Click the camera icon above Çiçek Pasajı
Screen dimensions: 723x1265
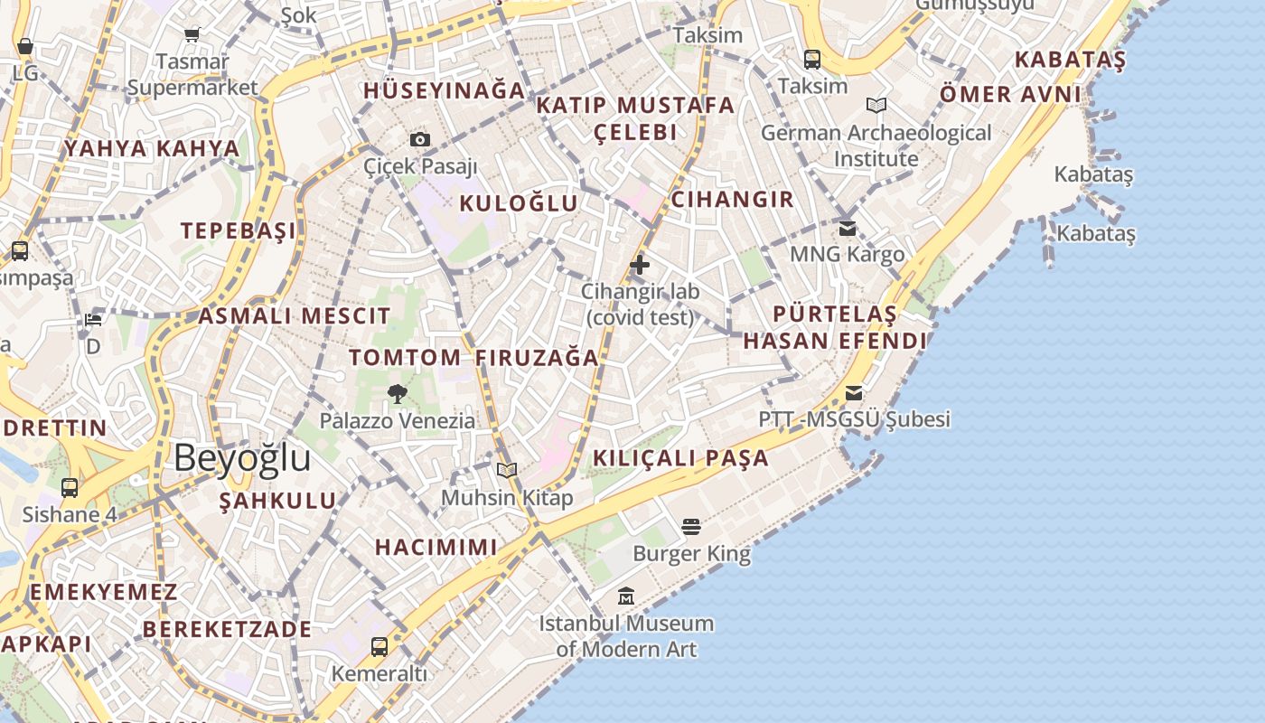click(420, 139)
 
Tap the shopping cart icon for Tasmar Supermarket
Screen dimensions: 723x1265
click(192, 35)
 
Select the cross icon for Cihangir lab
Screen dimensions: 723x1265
click(640, 265)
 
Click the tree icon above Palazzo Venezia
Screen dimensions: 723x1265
click(397, 393)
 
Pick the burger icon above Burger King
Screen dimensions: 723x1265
click(691, 526)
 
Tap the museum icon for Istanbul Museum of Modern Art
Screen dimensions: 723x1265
click(626, 596)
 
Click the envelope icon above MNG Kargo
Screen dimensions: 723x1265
click(848, 228)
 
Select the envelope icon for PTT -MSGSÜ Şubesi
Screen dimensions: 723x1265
click(854, 393)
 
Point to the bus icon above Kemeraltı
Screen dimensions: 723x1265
click(379, 646)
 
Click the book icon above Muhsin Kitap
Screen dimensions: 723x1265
click(507, 470)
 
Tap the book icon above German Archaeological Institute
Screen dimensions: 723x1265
click(876, 106)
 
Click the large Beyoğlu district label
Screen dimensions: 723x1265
click(242, 458)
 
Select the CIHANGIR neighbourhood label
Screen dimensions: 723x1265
click(733, 200)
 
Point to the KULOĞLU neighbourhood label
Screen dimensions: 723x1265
click(519, 203)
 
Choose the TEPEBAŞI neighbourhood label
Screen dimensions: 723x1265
click(239, 230)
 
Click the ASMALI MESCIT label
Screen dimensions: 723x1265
click(295, 316)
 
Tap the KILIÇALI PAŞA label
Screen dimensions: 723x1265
click(680, 458)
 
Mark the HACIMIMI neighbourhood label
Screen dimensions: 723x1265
click(436, 547)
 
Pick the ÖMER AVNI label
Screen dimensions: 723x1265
click(1010, 95)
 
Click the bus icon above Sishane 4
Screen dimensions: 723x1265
click(70, 488)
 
